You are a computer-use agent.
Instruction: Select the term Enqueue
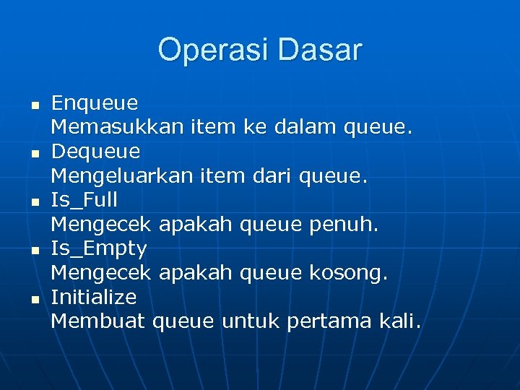coord(95,104)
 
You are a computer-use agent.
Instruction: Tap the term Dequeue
coord(95,152)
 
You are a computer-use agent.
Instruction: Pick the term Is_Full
coord(84,200)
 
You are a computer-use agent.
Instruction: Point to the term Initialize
coord(93,297)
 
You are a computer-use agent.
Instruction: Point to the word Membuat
coord(98,321)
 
